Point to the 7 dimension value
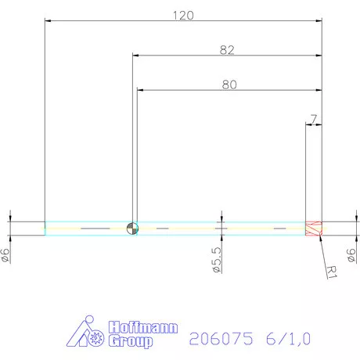click(313, 119)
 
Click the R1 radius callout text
click(331, 272)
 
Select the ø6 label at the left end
click(6, 255)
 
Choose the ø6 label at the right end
click(351, 255)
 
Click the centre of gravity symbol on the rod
click(132, 228)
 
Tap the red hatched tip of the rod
click(313, 228)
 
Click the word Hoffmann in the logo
click(142, 328)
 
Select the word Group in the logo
click(131, 342)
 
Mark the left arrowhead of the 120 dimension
click(48, 21)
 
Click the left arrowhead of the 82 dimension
click(135, 56)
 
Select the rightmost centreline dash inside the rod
click(279, 228)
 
